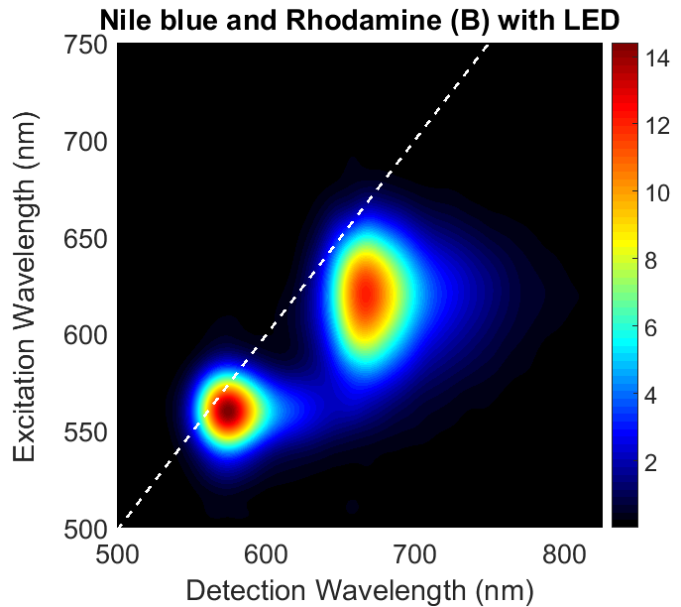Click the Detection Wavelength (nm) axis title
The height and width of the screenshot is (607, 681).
click(x=360, y=588)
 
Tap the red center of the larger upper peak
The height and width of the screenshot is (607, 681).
click(x=366, y=294)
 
